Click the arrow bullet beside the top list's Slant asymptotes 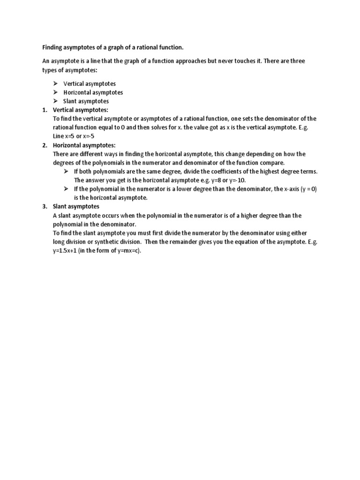[55, 101]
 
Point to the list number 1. [45, 110]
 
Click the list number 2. [45, 145]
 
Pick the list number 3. [45, 207]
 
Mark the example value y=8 [215, 180]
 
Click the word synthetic [106, 242]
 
